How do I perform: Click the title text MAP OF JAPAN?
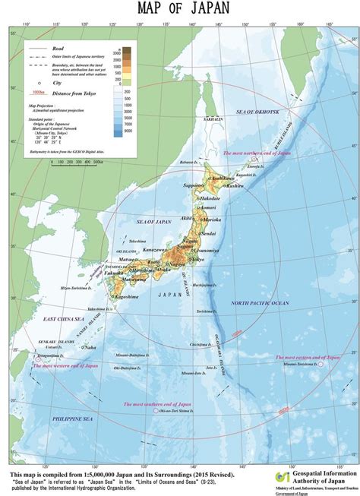(x=179, y=9)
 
